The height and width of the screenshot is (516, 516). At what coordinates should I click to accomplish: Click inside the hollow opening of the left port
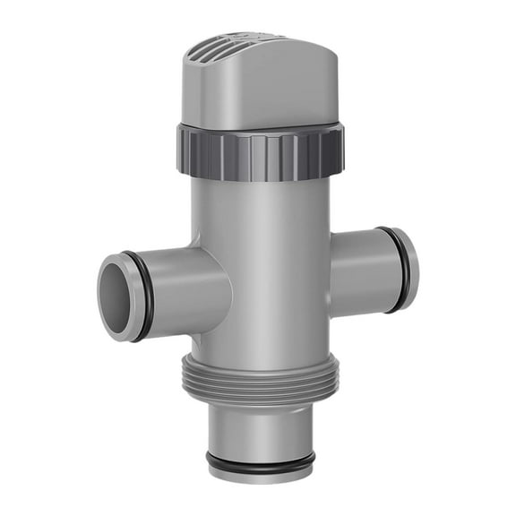(x=116, y=296)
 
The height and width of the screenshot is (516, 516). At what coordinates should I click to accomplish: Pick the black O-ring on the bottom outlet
(x=261, y=463)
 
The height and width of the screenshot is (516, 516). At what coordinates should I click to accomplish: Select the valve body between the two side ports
(x=269, y=287)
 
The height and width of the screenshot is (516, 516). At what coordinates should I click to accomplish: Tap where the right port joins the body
(x=330, y=264)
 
